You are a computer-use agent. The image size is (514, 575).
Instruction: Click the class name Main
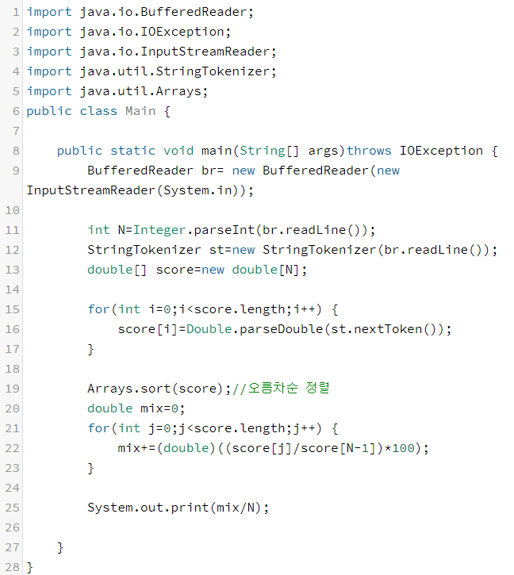pos(140,111)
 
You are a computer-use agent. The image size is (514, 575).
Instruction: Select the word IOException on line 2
pos(198,32)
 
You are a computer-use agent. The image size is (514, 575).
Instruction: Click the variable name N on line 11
pos(122,230)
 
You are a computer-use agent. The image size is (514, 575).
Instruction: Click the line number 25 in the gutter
pos(12,508)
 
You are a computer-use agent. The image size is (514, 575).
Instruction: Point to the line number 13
pos(12,270)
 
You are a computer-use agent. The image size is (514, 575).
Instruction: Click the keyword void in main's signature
pos(178,151)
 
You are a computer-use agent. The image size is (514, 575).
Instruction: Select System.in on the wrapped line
pos(198,190)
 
